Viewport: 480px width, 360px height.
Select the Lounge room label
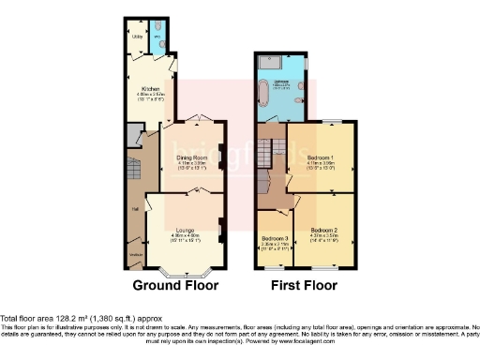(x=184, y=229)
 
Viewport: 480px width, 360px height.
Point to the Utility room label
(x=136, y=37)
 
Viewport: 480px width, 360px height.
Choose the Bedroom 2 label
(x=323, y=230)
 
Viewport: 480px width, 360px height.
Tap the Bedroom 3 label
(x=275, y=238)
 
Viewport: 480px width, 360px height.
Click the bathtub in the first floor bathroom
(x=263, y=93)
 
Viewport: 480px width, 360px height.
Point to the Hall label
(x=135, y=208)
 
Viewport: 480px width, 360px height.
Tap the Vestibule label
(x=136, y=255)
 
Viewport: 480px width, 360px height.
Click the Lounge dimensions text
(x=184, y=237)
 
